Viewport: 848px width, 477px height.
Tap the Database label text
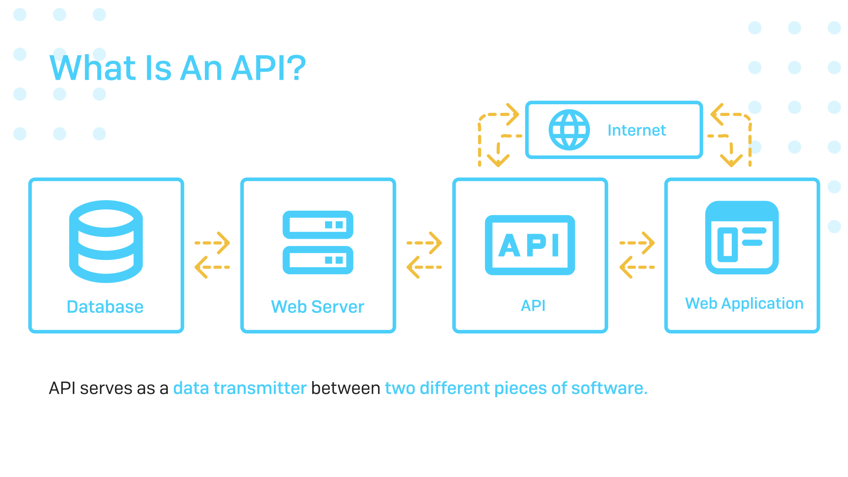point(105,307)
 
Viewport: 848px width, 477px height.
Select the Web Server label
point(318,307)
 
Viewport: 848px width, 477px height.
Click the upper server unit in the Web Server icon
point(318,225)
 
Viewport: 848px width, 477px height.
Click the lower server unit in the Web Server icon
point(318,260)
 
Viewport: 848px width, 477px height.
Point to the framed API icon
point(530,245)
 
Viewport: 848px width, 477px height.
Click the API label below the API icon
point(533,305)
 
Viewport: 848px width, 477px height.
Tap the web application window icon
point(742,237)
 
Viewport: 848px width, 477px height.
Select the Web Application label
point(744,304)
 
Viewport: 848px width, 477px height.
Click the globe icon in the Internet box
point(569,130)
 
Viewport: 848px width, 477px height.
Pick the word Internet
point(636,130)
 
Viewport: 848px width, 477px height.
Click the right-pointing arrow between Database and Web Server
point(213,243)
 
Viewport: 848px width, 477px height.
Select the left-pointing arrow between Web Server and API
point(424,267)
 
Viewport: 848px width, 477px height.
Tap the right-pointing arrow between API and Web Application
point(638,243)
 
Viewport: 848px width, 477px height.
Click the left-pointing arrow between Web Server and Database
point(212,267)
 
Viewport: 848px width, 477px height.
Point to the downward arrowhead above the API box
point(498,160)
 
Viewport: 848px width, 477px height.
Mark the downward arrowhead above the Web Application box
point(731,160)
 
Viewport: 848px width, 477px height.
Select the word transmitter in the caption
point(260,388)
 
